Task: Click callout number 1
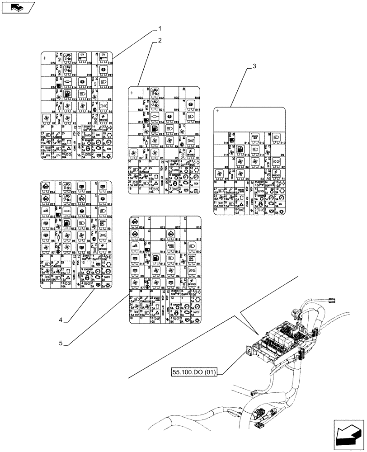tap(160, 28)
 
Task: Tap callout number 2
tap(160, 40)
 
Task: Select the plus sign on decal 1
tap(44, 58)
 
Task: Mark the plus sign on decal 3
tap(217, 111)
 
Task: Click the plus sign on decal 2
tap(132, 93)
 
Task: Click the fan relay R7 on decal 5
tap(134, 283)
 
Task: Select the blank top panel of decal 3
tap(250, 120)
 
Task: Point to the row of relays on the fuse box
tap(280, 334)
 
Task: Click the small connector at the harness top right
tap(333, 299)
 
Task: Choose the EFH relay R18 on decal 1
tap(105, 57)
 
